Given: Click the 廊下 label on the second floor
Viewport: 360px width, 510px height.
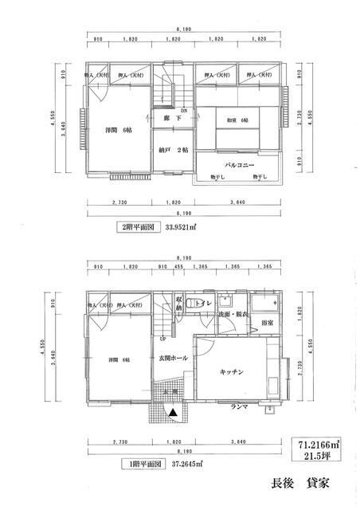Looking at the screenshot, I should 168,119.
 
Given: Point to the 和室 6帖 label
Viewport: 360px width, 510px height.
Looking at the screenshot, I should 237,120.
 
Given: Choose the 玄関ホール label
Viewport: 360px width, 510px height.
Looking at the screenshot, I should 173,358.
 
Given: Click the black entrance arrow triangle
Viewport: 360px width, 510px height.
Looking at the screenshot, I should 172,412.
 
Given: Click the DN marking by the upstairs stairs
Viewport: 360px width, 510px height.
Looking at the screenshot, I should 182,111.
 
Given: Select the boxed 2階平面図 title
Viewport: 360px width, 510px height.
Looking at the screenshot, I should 134,226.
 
